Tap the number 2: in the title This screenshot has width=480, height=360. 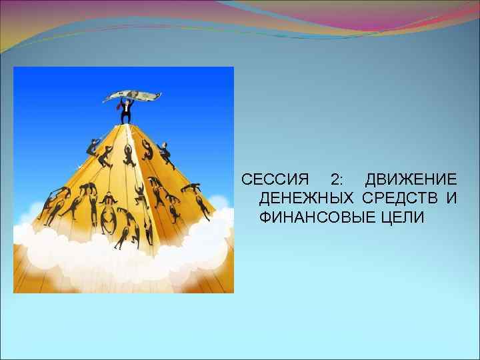click(x=337, y=180)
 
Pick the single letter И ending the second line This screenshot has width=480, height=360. click(x=451, y=199)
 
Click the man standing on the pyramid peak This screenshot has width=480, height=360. click(x=125, y=110)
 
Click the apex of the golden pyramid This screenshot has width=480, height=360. click(x=126, y=125)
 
